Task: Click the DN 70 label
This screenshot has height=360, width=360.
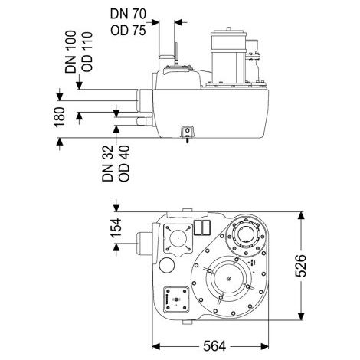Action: tap(128, 14)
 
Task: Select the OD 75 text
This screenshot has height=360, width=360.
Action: tap(128, 31)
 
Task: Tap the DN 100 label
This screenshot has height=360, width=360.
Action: tap(70, 52)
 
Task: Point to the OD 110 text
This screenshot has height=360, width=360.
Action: tap(87, 52)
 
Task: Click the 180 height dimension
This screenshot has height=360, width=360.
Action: tap(59, 117)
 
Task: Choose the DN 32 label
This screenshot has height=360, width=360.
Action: tap(107, 163)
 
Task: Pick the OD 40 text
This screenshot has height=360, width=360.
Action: tap(124, 163)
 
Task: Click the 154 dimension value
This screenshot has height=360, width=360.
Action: tap(116, 227)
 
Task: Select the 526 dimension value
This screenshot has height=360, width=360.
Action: tap(300, 266)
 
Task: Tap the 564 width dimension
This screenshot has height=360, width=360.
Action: tap(214, 346)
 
